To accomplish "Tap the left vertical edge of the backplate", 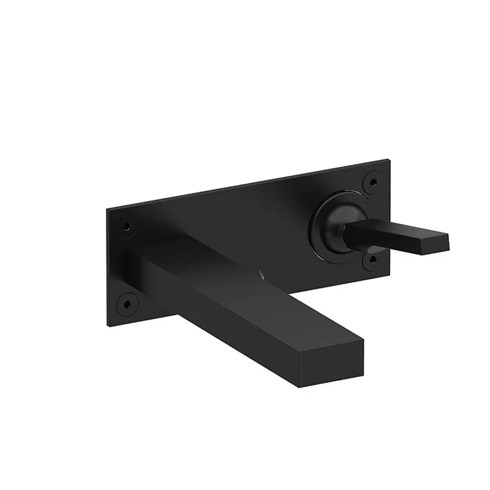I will (108, 268).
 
